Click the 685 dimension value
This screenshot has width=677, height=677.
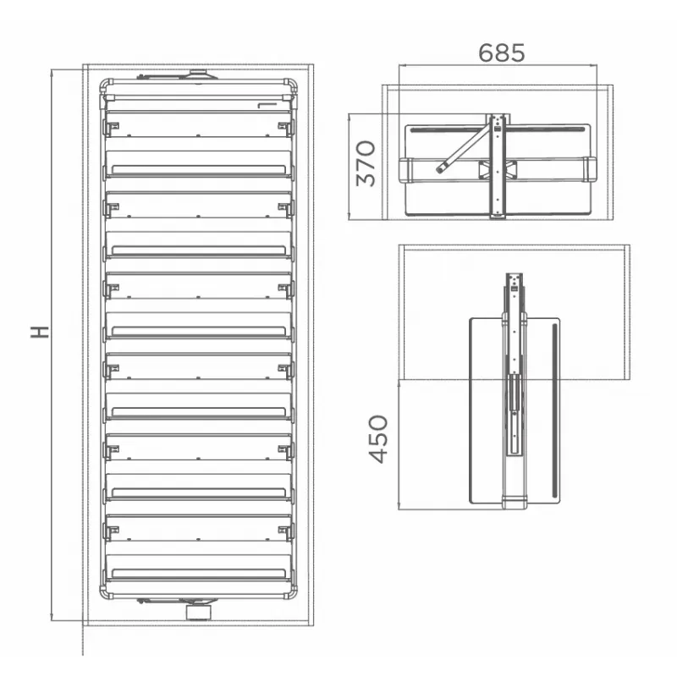coord(501,52)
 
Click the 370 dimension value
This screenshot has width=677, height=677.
coord(366,163)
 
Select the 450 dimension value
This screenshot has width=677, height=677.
coord(378,439)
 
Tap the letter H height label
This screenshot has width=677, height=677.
coord(40,332)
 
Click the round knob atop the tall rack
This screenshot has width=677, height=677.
coord(198,74)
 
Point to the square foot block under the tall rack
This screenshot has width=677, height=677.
coord(199,612)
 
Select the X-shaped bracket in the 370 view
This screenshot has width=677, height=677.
coord(498,170)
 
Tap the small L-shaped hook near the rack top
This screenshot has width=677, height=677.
coord(267,104)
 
